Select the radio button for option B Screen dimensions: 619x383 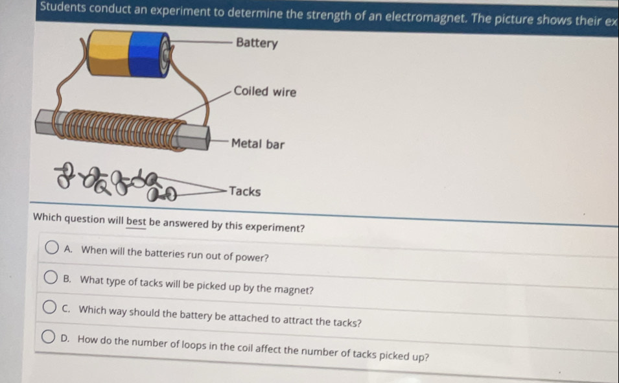point(51,277)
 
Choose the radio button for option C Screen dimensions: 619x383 point(49,307)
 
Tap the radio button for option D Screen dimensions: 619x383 point(48,336)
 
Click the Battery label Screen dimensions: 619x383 point(257,43)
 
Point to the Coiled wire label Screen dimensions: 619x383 point(265,91)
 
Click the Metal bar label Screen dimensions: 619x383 point(258,144)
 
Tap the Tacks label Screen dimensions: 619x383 point(245,191)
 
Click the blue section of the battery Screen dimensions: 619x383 point(145,54)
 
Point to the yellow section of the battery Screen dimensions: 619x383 point(110,53)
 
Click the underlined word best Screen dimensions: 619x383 point(136,221)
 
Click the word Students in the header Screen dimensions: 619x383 point(63,6)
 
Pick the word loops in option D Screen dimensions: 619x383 point(194,345)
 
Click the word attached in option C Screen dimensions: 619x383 point(248,318)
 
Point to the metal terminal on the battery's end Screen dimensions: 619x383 point(166,54)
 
